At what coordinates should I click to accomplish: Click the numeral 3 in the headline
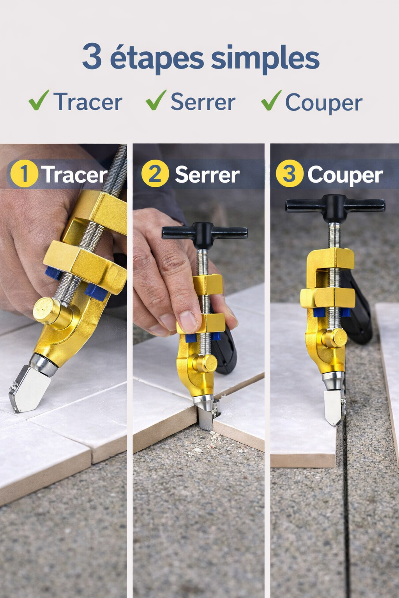(92, 56)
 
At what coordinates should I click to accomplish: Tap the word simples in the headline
(265, 58)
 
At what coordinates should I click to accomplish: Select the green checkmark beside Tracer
(39, 100)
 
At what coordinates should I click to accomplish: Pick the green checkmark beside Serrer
(156, 100)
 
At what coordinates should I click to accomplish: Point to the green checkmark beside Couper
(272, 100)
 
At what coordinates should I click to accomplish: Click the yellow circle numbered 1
(24, 174)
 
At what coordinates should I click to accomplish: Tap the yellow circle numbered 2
(155, 174)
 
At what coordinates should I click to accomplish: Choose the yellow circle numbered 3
(290, 174)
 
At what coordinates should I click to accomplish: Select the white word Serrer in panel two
(207, 174)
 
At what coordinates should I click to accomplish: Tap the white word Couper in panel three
(345, 176)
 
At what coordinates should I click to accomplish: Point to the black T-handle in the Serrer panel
(205, 234)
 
